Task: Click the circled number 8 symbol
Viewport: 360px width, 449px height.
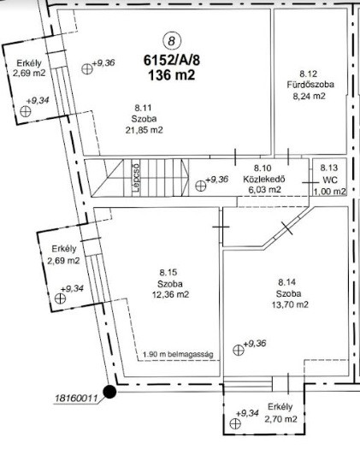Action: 172,41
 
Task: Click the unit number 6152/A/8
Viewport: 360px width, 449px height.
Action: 172,61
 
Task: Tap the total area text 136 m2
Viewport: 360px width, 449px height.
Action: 172,75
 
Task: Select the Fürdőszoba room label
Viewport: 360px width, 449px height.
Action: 310,85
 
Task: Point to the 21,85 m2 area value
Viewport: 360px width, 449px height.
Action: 144,130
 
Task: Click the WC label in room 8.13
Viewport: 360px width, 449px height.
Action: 330,180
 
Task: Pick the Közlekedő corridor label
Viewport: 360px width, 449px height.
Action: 264,180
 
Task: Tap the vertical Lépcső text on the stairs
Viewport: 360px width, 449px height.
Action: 136,178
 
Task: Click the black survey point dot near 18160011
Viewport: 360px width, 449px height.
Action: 109,392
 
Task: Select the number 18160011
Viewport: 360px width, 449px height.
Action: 76,399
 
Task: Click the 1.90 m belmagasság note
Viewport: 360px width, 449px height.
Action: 178,354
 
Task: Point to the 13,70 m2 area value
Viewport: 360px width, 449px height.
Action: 290,304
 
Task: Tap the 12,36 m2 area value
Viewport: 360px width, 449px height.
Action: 171,294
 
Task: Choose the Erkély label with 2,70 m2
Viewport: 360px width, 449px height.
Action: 280,407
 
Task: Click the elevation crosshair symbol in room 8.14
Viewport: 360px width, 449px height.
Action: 239,350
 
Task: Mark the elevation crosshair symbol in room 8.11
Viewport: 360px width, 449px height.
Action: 87,69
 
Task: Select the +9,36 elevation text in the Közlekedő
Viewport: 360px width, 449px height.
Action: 217,180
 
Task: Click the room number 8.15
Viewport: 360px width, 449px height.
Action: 168,272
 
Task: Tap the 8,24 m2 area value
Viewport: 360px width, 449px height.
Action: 309,96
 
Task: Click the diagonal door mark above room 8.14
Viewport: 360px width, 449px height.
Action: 286,228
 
